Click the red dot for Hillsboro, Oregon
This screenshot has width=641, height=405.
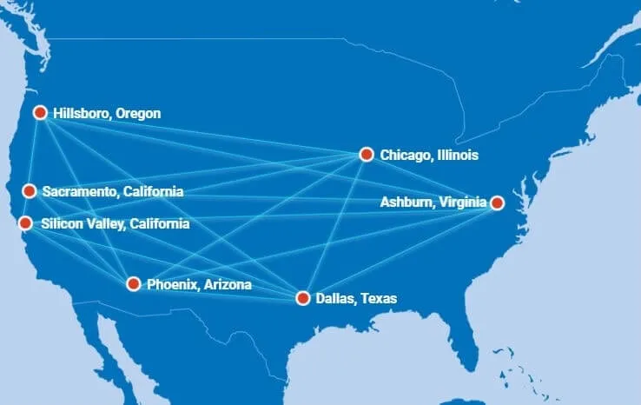click(x=40, y=112)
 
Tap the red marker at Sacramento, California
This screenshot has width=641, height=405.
click(x=30, y=191)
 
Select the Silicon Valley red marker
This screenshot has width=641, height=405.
click(x=26, y=223)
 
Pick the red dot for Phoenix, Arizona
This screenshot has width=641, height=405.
click(x=133, y=284)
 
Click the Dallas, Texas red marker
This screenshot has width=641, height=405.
click(x=303, y=298)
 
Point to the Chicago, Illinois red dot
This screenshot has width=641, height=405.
click(x=366, y=155)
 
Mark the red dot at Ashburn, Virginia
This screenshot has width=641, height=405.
click(x=497, y=202)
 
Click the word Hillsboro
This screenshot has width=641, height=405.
click(x=81, y=113)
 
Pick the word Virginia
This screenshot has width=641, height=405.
click(x=461, y=202)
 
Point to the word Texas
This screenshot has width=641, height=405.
click(x=380, y=298)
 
